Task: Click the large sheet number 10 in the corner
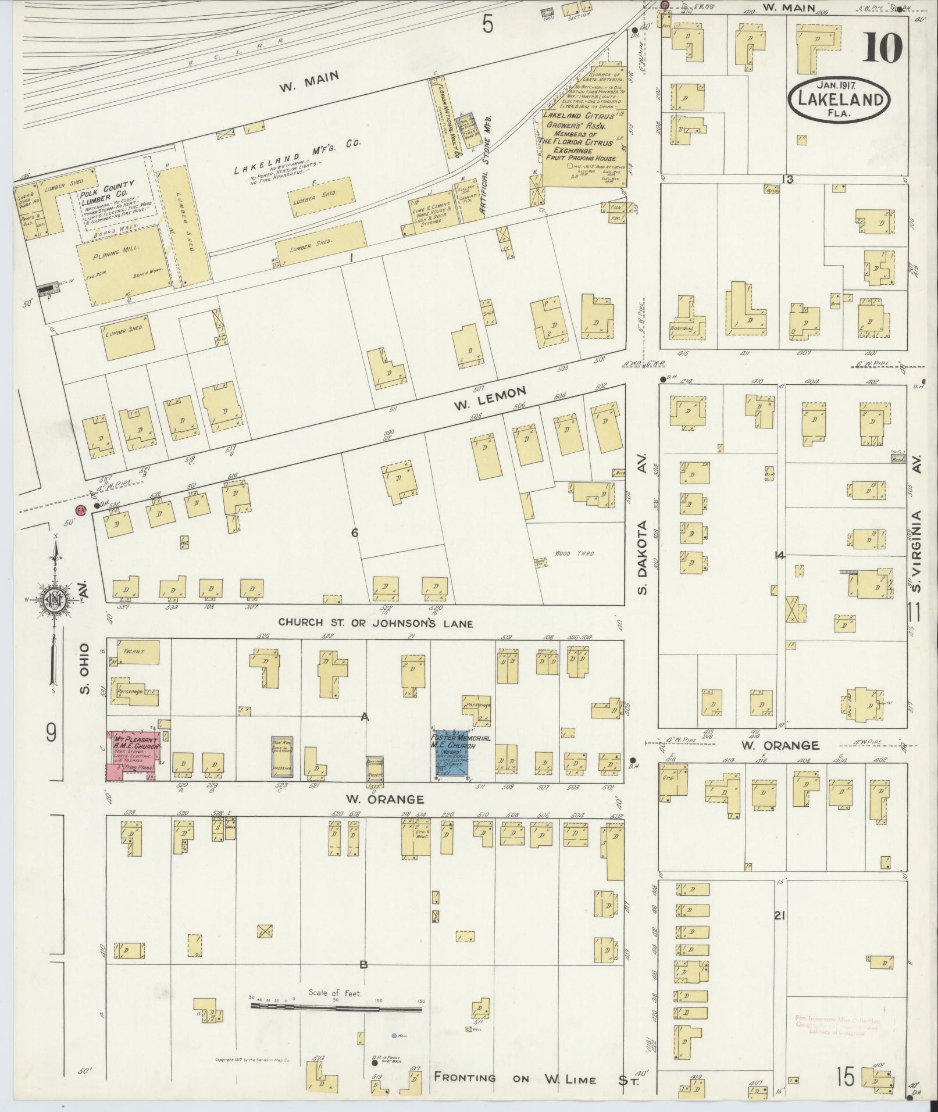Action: pyautogui.click(x=882, y=48)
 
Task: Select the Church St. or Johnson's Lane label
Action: pyautogui.click(x=376, y=623)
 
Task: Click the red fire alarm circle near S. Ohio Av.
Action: pyautogui.click(x=81, y=510)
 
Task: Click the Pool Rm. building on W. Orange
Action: pyautogui.click(x=282, y=756)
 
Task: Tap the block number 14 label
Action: pyautogui.click(x=779, y=556)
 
